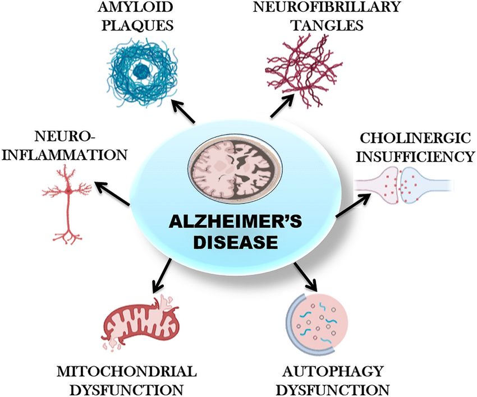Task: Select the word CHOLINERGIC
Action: click(414, 138)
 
